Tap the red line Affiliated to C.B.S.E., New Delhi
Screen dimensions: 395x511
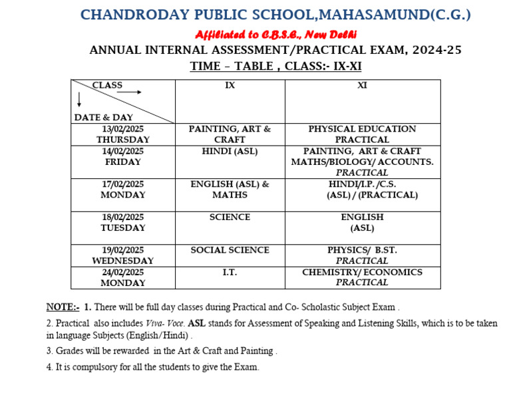[x=275, y=34]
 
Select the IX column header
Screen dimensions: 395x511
[x=230, y=86]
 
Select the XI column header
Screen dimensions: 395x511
[x=362, y=86]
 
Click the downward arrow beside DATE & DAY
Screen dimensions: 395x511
[x=80, y=100]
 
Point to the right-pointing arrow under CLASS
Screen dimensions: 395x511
[x=129, y=92]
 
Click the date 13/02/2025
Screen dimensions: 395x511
[x=122, y=129]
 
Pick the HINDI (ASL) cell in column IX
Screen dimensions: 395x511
[x=230, y=151]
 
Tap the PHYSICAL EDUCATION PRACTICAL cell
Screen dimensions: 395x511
[x=362, y=134]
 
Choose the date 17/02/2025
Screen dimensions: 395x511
[x=122, y=184]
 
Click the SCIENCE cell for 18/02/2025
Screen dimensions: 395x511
[x=230, y=217]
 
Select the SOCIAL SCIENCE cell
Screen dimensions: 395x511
[x=230, y=250]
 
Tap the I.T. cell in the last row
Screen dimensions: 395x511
[x=230, y=273]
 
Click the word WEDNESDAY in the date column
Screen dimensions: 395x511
[x=122, y=261]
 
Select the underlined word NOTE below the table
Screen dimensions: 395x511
[x=61, y=307]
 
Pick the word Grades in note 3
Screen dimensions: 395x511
[x=70, y=350]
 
